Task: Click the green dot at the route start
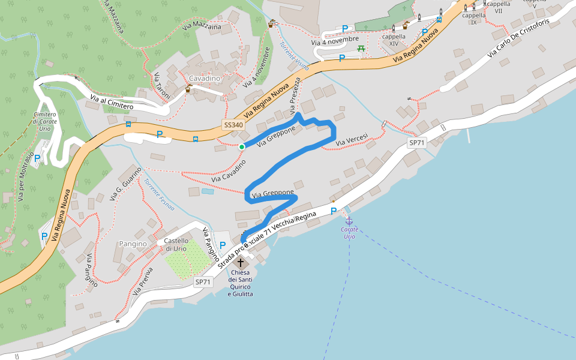tap(241, 146)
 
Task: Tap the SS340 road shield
tap(233, 125)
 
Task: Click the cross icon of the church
tap(241, 263)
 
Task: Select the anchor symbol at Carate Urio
tap(349, 221)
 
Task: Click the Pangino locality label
tap(133, 244)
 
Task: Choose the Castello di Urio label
tap(176, 245)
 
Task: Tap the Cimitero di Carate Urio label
tap(45, 121)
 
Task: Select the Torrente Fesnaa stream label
tap(159, 195)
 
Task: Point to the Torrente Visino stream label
tap(294, 55)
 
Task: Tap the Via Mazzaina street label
tap(201, 27)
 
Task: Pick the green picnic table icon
tap(361, 49)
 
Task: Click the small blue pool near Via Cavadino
tap(207, 191)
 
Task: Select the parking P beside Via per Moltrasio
tap(37, 158)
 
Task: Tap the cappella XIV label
tap(394, 40)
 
